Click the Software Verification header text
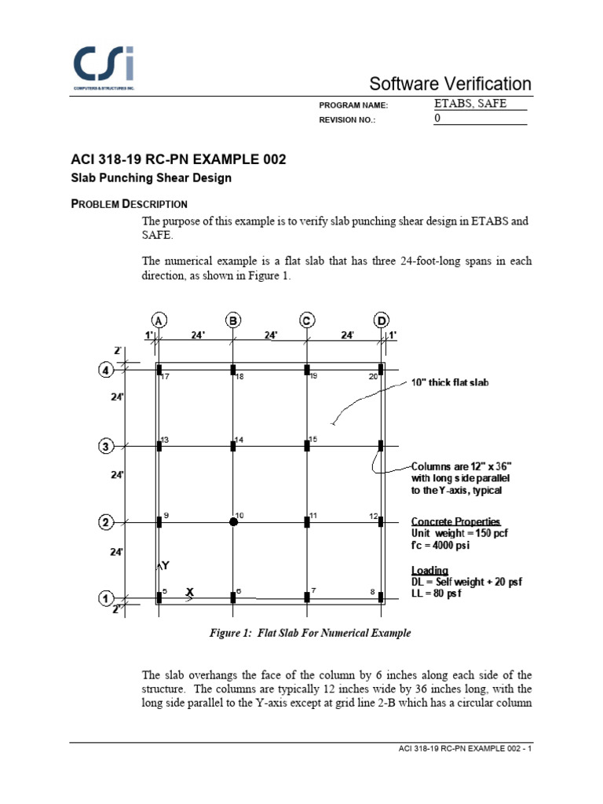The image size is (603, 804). [450, 84]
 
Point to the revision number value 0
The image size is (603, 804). [438, 119]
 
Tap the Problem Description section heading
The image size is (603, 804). [129, 204]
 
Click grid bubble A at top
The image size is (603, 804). [159, 320]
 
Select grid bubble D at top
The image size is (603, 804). [381, 320]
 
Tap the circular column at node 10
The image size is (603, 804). [233, 521]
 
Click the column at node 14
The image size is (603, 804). [233, 446]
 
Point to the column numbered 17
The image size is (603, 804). [159, 370]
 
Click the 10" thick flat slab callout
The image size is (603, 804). [449, 383]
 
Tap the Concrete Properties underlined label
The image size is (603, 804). [455, 522]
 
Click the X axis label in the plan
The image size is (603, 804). [189, 593]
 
